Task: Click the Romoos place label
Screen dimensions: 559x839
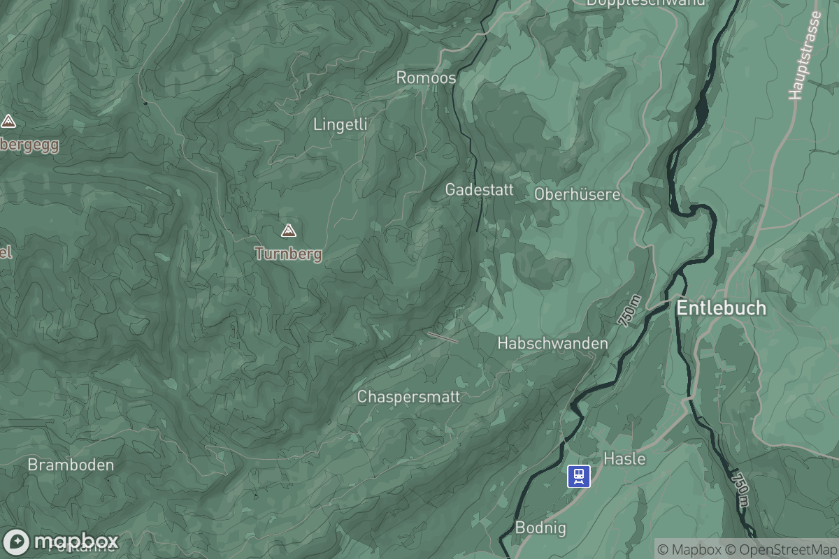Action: (x=426, y=78)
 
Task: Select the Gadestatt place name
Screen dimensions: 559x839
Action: (x=479, y=189)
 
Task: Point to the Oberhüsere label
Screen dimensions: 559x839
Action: (x=577, y=194)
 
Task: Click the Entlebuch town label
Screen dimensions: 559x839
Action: (x=721, y=308)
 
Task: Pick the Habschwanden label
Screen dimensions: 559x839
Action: (x=552, y=344)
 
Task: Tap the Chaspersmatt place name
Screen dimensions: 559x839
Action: (x=408, y=397)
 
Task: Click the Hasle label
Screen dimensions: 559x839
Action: (x=624, y=459)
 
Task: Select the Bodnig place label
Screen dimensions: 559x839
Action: (x=540, y=528)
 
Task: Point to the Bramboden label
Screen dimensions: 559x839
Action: (x=70, y=465)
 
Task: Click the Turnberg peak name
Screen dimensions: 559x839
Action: (x=288, y=254)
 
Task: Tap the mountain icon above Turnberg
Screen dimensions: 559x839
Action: (x=288, y=230)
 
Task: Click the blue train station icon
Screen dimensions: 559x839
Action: (x=579, y=477)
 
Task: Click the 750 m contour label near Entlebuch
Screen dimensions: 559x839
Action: (x=629, y=311)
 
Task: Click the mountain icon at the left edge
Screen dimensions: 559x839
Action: (x=8, y=122)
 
